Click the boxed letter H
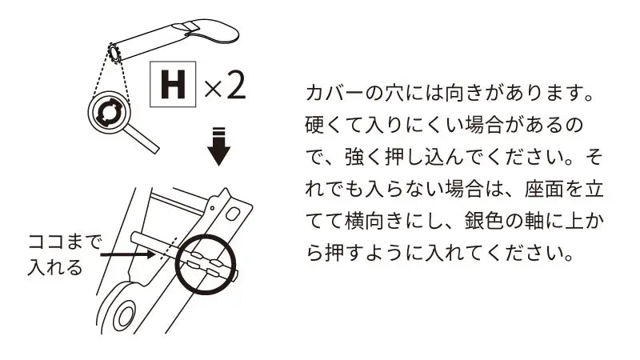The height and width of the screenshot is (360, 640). (x=173, y=84)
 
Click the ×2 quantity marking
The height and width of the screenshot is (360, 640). (x=225, y=86)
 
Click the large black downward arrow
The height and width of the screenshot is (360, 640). (x=218, y=146)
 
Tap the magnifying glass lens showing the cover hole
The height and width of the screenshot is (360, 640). (x=109, y=112)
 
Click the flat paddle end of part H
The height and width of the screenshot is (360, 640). (x=212, y=30)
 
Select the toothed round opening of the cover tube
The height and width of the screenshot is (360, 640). (x=114, y=54)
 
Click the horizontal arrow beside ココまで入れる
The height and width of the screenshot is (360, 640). (x=128, y=254)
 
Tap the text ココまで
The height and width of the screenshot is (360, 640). (x=64, y=242)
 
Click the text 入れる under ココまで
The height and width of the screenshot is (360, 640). (x=55, y=267)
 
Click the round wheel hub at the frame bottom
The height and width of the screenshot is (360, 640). (x=124, y=316)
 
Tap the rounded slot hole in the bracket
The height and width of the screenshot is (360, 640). (x=233, y=214)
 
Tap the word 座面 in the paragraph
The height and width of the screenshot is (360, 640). (x=544, y=189)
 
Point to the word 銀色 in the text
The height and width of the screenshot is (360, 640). (x=484, y=221)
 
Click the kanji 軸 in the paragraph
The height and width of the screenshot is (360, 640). (x=534, y=221)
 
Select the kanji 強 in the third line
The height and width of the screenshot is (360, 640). (x=354, y=157)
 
